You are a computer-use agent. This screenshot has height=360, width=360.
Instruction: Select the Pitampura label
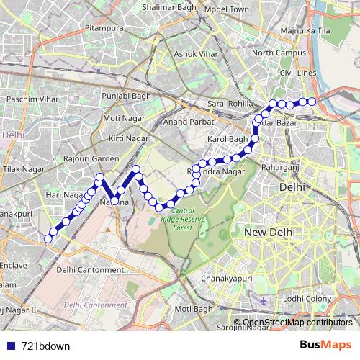[x=100, y=27]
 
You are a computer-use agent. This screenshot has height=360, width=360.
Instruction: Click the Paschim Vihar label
[x=27, y=98]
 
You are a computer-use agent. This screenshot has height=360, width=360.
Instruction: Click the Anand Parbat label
[x=185, y=122]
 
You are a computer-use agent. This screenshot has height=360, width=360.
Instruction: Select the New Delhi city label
[x=270, y=233]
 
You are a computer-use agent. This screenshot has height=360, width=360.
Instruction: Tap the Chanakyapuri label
[x=226, y=278]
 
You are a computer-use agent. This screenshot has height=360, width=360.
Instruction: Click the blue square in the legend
[x=11, y=346]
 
